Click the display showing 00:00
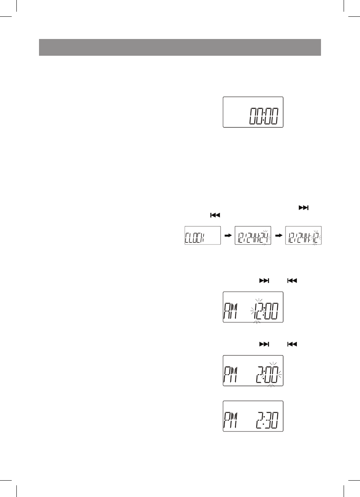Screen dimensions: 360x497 (x=253, y=112)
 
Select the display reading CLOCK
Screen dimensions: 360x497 (x=202, y=235)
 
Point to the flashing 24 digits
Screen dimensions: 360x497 (x=266, y=236)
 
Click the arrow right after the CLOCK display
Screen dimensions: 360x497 (x=228, y=235)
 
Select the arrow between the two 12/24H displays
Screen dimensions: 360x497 (x=278, y=235)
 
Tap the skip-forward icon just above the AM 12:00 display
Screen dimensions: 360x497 (x=264, y=281)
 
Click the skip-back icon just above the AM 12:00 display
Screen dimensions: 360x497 (x=292, y=281)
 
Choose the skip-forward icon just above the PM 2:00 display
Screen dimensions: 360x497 (x=264, y=344)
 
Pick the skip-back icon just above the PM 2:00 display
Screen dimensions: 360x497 (x=292, y=344)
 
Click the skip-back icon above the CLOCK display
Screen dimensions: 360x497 (x=216, y=214)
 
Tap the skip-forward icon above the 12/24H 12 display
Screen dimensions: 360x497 (x=303, y=207)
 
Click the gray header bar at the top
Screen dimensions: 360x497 (x=180, y=47)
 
